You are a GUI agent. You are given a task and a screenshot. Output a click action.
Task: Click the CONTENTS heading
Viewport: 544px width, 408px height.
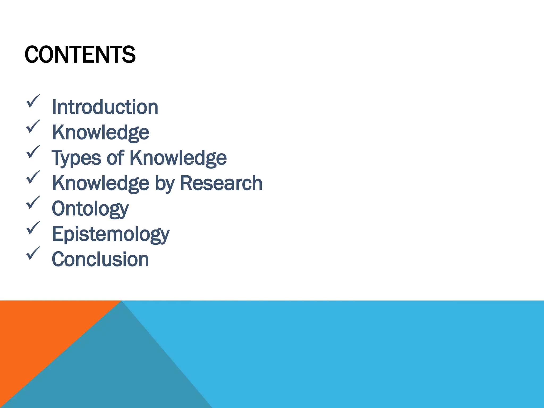80,54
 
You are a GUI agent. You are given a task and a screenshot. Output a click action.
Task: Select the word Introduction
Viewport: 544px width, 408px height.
105,107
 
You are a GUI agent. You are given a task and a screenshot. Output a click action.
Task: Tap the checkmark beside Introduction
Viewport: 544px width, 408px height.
33,101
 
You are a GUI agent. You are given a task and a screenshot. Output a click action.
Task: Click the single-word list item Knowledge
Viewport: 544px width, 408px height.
100,132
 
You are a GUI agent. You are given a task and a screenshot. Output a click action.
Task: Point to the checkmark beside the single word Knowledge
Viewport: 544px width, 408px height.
33,126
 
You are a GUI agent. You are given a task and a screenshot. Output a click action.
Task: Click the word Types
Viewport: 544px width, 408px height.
76,158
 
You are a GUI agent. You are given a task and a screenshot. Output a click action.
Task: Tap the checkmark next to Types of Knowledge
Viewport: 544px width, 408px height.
33,151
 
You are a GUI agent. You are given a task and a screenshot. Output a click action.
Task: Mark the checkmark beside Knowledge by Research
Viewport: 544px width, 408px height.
33,177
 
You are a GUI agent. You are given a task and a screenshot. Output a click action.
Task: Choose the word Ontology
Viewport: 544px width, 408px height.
90,209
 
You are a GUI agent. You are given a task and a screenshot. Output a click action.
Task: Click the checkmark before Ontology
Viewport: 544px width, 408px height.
33,202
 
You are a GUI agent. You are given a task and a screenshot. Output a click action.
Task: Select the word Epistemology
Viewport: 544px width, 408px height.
110,234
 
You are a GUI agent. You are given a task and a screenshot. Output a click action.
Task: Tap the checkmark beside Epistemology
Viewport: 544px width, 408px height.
33,228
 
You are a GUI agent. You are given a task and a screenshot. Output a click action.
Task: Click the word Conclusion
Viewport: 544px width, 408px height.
100,259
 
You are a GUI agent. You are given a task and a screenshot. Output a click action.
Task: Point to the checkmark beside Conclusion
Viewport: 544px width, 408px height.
33,253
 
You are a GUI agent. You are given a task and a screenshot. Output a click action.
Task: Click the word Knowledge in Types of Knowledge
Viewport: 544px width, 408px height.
178,158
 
